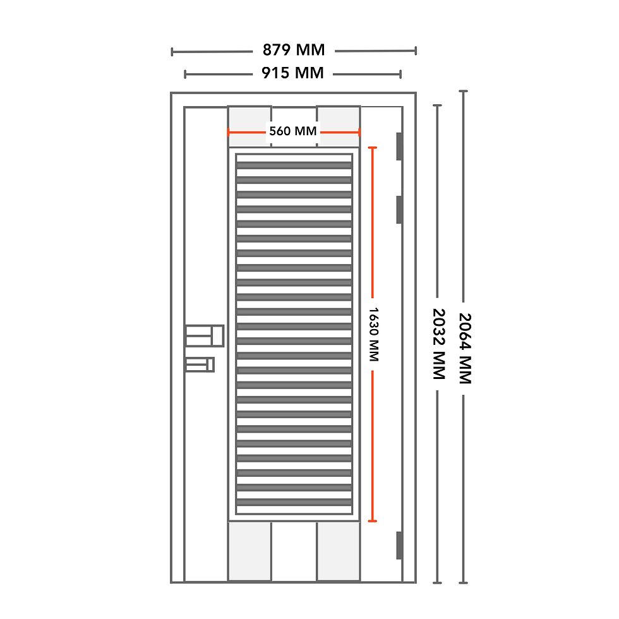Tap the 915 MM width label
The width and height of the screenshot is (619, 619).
click(x=292, y=73)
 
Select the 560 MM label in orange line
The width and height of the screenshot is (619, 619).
click(x=293, y=131)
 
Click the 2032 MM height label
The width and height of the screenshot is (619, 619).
click(x=438, y=344)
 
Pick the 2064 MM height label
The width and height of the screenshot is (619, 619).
click(x=464, y=349)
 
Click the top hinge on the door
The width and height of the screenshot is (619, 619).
click(x=399, y=146)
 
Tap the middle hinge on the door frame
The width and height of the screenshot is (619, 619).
click(x=399, y=209)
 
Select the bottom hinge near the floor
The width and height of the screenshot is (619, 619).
click(x=399, y=545)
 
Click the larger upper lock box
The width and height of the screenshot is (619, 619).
click(x=205, y=335)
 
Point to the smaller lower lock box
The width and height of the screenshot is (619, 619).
click(x=200, y=364)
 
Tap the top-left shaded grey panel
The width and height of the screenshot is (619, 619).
click(x=249, y=120)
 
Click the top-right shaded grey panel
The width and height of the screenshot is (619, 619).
click(x=338, y=120)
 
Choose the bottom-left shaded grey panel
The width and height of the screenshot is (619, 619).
click(x=249, y=551)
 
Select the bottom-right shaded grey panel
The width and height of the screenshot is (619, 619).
click(x=338, y=551)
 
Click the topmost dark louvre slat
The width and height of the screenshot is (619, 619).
click(x=294, y=165)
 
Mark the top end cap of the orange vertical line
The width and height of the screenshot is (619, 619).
click(x=373, y=148)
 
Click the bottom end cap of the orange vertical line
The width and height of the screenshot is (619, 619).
click(x=373, y=521)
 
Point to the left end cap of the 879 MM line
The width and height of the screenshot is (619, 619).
click(x=172, y=51)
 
